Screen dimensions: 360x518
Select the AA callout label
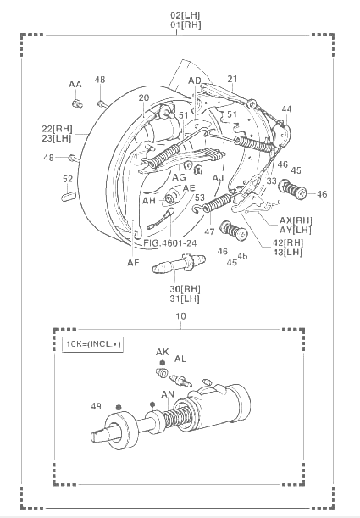pyautogui.click(x=75, y=85)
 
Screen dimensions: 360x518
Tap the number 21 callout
pyautogui.click(x=232, y=79)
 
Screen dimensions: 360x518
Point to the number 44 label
pyautogui.click(x=287, y=109)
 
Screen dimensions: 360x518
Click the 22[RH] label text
pyautogui.click(x=57, y=129)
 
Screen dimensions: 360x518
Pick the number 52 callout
pyautogui.click(x=68, y=179)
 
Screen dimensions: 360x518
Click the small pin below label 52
pyautogui.click(x=69, y=196)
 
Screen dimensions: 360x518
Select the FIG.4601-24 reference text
pyautogui.click(x=170, y=243)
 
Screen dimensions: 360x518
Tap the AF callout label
pyautogui.click(x=133, y=262)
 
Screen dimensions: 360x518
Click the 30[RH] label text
pyautogui.click(x=186, y=289)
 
